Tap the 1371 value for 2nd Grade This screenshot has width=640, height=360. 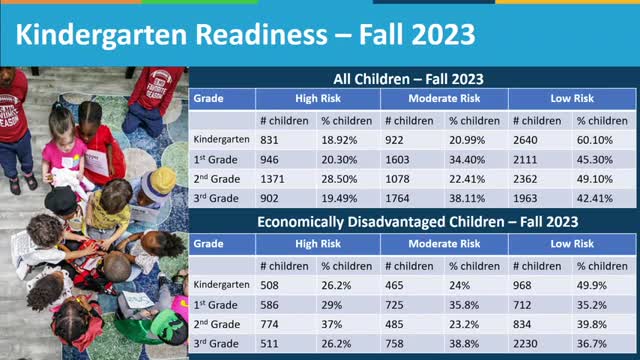[275, 178]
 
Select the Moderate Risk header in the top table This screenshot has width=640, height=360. [443, 99]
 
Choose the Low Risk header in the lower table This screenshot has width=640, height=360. [572, 243]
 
